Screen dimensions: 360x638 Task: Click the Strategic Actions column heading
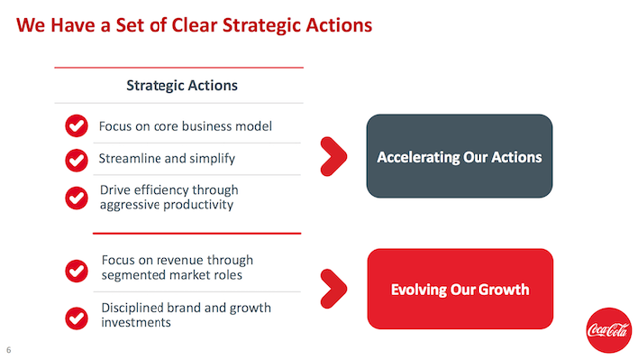click(x=181, y=85)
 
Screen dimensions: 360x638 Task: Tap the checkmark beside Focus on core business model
click(x=76, y=126)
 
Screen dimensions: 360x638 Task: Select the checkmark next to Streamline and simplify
click(x=76, y=159)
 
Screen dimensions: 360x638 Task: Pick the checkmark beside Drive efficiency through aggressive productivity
click(x=76, y=197)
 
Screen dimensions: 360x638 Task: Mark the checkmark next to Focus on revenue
click(x=76, y=270)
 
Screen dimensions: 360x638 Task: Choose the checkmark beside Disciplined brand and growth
click(x=76, y=316)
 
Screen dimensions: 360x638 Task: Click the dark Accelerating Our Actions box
click(x=459, y=158)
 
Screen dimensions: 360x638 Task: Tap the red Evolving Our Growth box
click(x=459, y=290)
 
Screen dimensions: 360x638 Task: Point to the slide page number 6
click(x=9, y=350)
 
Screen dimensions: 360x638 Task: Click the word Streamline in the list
click(x=126, y=158)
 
